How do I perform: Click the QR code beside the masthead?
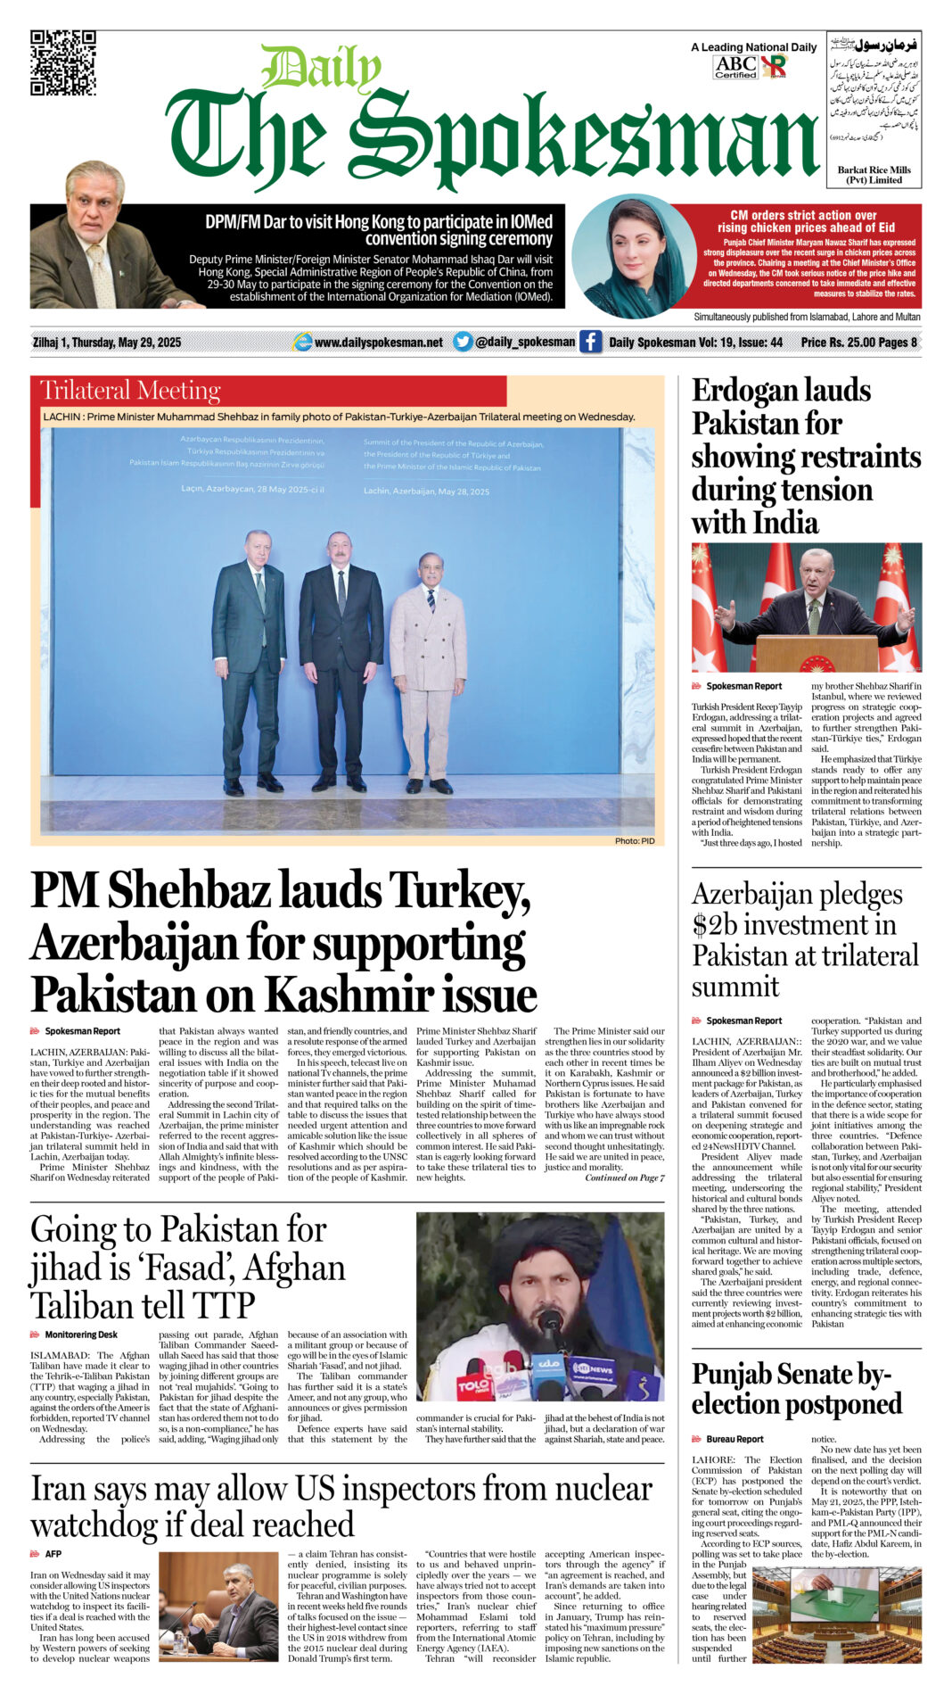coord(62,62)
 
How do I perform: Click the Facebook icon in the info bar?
coord(590,342)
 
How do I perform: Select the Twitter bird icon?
coord(462,342)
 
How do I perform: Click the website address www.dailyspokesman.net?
coord(378,343)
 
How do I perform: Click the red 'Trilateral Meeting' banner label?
coord(131,391)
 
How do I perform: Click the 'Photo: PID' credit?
coord(635,841)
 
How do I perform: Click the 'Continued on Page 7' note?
coord(624,1178)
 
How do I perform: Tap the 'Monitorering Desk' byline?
coord(81,1335)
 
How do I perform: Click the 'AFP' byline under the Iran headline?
coord(53,1554)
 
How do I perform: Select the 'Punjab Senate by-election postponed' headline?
coord(796,1388)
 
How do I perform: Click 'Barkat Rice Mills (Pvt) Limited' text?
coord(874,175)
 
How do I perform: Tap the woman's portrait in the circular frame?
coord(634,257)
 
